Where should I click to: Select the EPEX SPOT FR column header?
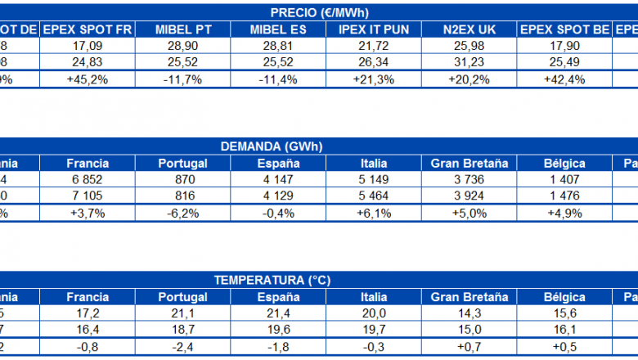pyautogui.click(x=87, y=29)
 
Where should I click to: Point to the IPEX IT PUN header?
pyautogui.click(x=373, y=29)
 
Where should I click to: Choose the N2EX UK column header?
pyautogui.click(x=470, y=29)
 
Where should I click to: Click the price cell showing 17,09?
pyautogui.click(x=87, y=47)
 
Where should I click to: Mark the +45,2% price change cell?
pyautogui.click(x=87, y=79)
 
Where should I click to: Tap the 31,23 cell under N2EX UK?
pyautogui.click(x=470, y=63)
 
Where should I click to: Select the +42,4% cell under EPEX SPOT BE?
pyautogui.click(x=564, y=79)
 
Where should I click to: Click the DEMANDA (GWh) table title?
pyautogui.click(x=272, y=146)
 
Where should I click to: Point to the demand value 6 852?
pyautogui.click(x=87, y=180)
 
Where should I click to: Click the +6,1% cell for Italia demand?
pyautogui.click(x=373, y=213)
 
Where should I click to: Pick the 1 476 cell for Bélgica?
pyautogui.click(x=564, y=196)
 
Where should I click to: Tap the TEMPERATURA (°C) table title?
pyautogui.click(x=272, y=280)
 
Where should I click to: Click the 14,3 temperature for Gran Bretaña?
pyautogui.click(x=470, y=313)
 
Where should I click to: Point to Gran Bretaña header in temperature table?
pyautogui.click(x=470, y=296)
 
